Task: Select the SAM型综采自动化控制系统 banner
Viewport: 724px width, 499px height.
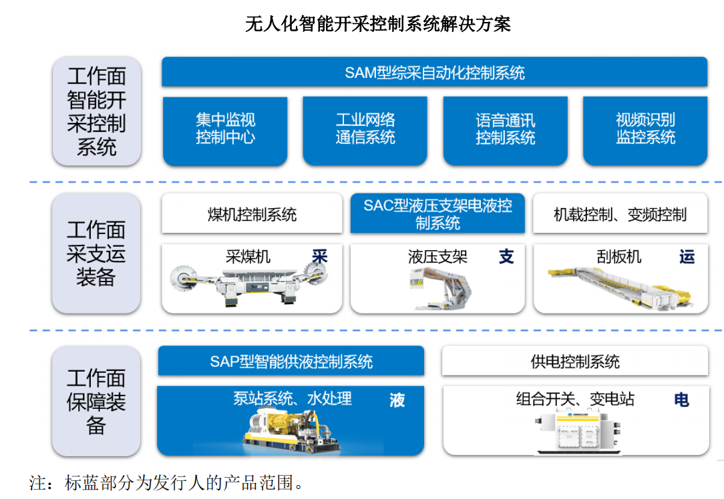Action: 434,72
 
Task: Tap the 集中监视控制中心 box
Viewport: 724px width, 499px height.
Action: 225,130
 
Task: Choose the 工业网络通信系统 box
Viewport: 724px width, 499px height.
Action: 365,130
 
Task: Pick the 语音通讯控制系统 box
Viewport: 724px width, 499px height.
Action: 505,130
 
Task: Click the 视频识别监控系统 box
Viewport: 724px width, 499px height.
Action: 645,130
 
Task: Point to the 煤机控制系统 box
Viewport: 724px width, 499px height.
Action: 252,214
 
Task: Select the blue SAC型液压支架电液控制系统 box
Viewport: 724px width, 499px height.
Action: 437,214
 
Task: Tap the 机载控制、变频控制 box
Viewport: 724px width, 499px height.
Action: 620,214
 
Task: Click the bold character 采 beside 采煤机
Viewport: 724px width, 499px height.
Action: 320,257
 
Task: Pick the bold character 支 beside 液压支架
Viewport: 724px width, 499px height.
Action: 506,257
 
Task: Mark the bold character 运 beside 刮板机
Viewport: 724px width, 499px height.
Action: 687,257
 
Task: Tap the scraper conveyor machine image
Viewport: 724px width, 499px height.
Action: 618,287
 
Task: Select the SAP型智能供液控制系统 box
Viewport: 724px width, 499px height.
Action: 291,362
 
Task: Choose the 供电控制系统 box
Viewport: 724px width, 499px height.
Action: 574,362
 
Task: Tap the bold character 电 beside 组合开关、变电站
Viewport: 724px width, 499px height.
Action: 681,400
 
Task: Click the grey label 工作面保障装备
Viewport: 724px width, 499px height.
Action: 96,402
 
